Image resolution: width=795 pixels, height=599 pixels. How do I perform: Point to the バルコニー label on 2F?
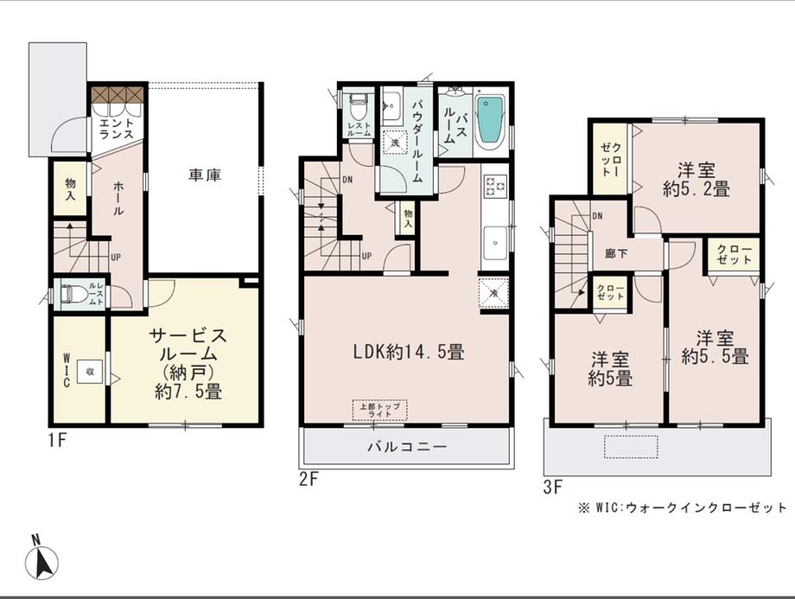(406, 448)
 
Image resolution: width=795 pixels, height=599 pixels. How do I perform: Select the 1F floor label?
(57, 440)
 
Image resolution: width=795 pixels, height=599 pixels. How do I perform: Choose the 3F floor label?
(554, 486)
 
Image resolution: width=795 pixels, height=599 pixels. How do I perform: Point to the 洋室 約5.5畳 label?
(714, 346)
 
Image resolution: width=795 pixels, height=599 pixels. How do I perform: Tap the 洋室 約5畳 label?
(610, 368)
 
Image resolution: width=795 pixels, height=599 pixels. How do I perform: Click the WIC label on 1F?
(67, 370)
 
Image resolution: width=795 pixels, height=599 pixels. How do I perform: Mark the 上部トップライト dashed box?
(379, 410)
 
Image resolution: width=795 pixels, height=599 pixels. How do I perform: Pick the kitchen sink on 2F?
(495, 241)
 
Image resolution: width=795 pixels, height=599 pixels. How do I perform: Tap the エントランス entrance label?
(116, 131)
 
